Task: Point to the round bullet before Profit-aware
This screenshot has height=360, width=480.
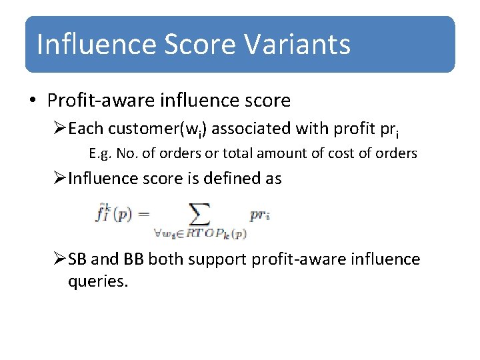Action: pos(33,101)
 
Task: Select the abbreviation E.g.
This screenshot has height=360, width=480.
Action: pos(100,153)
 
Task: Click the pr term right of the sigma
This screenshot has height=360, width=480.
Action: pos(259,215)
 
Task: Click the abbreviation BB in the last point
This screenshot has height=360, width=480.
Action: pos(133,259)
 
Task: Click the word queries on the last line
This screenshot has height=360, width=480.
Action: pos(97,282)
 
